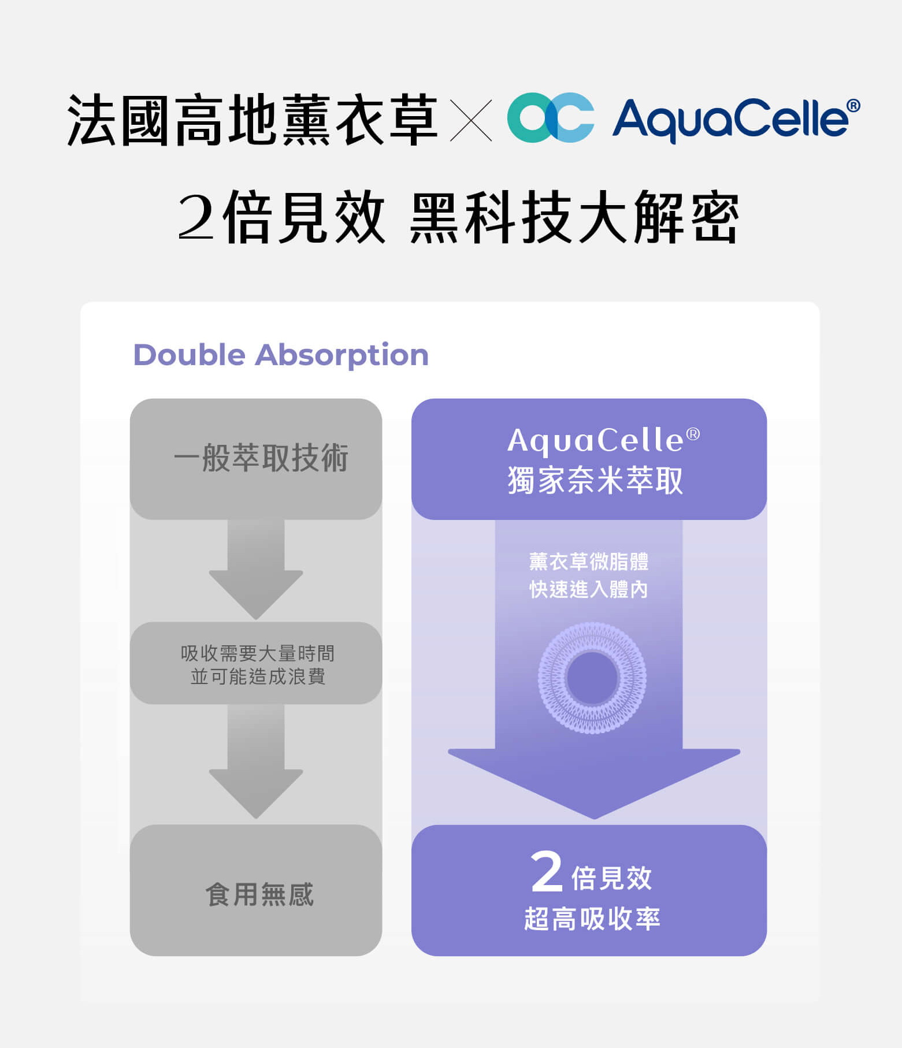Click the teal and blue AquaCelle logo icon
coord(550,117)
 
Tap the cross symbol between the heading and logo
coord(471,120)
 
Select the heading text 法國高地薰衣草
coord(253,120)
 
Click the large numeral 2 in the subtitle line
coord(196,217)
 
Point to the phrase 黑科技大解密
coord(574,217)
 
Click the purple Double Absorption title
coord(281,355)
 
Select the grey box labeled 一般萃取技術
coord(256,459)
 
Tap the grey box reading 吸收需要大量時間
coord(256,663)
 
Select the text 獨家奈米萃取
coord(595,480)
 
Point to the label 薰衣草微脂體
coord(589,561)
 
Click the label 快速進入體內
coord(589,589)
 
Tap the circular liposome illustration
coord(592,678)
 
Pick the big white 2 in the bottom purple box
coord(547,872)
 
